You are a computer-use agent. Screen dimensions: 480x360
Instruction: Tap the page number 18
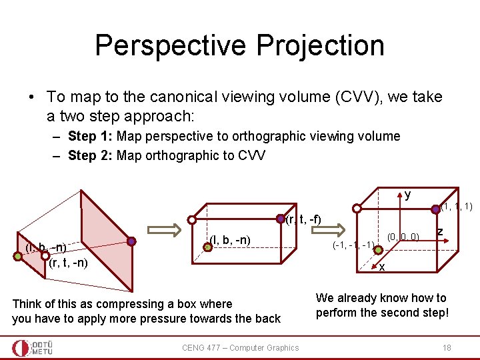pyautogui.click(x=446, y=347)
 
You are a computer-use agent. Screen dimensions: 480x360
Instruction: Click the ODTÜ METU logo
pyautogui.click(x=33, y=347)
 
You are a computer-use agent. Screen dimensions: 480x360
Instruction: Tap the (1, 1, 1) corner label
pyautogui.click(x=456, y=207)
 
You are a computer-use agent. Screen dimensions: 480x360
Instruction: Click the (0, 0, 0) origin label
pyautogui.click(x=403, y=236)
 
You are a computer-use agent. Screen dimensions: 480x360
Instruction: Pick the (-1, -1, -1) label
pyautogui.click(x=353, y=245)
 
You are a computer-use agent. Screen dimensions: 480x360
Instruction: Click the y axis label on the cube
pyautogui.click(x=407, y=195)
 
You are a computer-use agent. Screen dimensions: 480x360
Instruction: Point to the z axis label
pyautogui.click(x=440, y=231)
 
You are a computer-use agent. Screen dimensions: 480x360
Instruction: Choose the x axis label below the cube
pyautogui.click(x=382, y=267)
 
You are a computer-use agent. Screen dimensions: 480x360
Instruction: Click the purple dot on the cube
pyautogui.click(x=436, y=209)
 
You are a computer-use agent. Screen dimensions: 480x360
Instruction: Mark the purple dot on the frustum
pyautogui.click(x=131, y=241)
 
